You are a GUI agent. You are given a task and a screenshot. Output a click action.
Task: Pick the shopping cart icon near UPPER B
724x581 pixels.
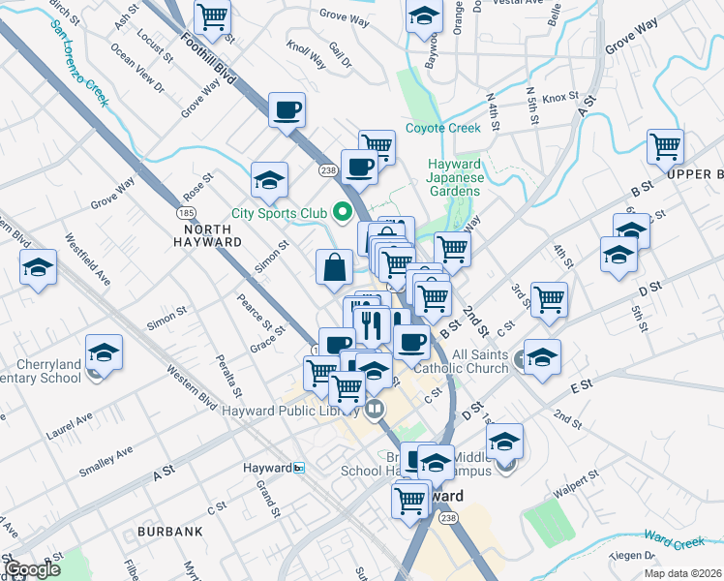point(665,147)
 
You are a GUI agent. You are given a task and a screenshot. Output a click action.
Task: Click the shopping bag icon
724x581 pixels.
point(334,266)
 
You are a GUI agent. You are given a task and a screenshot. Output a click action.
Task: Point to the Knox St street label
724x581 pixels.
point(559,98)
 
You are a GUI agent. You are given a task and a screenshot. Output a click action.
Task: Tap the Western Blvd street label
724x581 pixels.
point(192,383)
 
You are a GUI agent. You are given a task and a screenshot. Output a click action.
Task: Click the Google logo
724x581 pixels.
point(33,569)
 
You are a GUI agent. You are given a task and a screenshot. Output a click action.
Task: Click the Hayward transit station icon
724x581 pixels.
point(299,468)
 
